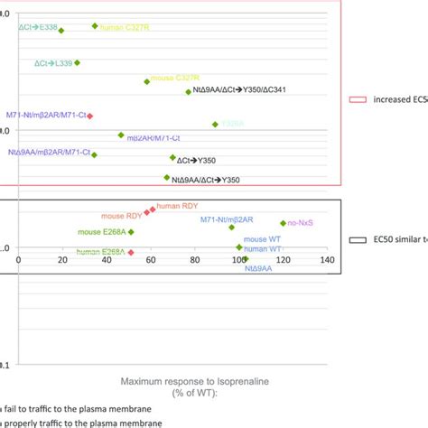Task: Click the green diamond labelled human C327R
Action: [95, 26]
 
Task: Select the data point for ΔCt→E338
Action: [61, 31]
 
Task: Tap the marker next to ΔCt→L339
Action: [78, 63]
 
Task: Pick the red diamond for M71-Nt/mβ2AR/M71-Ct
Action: [89, 116]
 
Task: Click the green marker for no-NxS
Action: [284, 223]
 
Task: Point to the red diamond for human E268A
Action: [132, 252]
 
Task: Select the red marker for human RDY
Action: [152, 209]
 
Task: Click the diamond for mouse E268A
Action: [132, 232]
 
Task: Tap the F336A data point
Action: [215, 124]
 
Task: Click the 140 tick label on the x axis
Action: [327, 261]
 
